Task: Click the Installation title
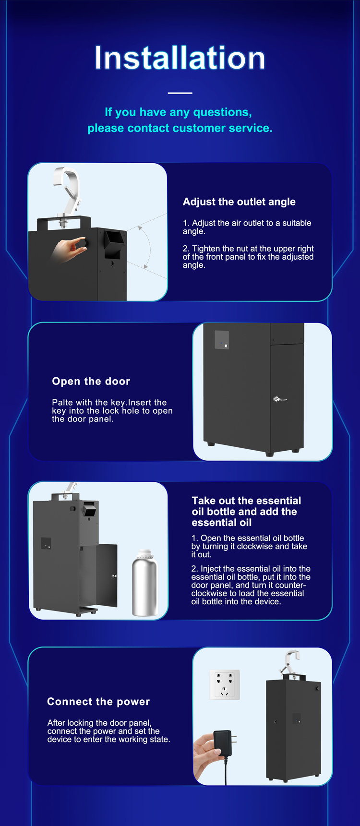[180, 58]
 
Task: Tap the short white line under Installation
[180, 93]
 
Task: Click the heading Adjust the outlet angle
[239, 202]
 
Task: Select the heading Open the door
[91, 382]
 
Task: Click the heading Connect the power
[98, 702]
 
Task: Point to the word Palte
[62, 403]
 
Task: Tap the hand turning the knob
[70, 249]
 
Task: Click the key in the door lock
[280, 399]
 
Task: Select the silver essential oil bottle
[144, 583]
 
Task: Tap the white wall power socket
[224, 685]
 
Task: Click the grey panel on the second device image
[222, 340]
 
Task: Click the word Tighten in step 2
[206, 249]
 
